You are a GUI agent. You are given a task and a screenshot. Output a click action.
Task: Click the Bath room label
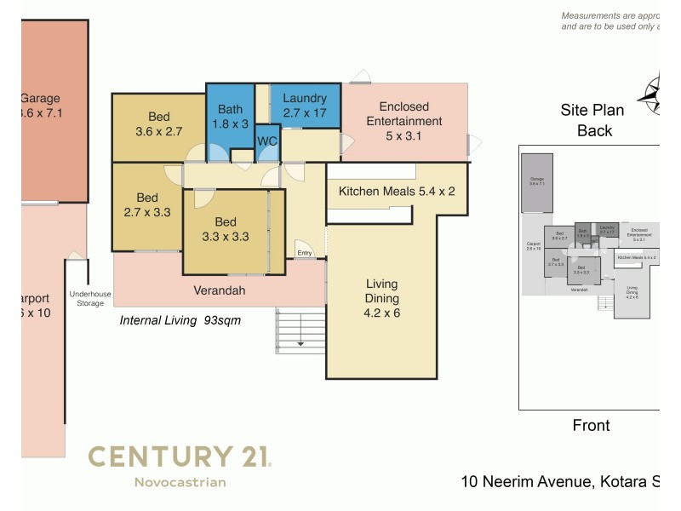[230, 116]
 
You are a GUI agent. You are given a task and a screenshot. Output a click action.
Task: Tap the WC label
[266, 141]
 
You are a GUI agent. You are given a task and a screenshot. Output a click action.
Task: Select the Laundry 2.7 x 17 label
[305, 105]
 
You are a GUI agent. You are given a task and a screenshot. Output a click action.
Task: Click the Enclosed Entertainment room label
[404, 121]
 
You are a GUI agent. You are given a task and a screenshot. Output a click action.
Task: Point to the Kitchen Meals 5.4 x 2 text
[397, 192]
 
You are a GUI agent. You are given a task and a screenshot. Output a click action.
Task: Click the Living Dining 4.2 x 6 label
[382, 299]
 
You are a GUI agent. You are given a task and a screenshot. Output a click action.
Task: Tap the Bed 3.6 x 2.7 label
[158, 124]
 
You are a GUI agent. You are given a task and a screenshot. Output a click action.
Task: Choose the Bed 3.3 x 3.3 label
[226, 230]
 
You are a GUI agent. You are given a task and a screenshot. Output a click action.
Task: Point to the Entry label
[305, 253]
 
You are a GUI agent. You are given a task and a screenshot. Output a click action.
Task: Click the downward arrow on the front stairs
[300, 343]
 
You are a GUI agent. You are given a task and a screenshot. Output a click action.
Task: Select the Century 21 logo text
[180, 456]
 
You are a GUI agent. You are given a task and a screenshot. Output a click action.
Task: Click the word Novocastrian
[180, 483]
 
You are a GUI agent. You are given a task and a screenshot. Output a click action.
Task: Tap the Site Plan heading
[592, 110]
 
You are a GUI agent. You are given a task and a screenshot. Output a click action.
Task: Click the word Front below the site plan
[592, 426]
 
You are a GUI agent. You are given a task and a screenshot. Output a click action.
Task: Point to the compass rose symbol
[655, 94]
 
